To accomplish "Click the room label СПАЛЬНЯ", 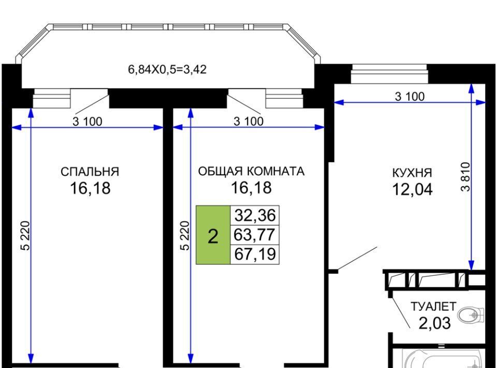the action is coord(90,172).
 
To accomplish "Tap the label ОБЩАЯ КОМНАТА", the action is coord(251,172).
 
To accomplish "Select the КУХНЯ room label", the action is coord(412,173).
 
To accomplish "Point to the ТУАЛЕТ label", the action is coord(433,306).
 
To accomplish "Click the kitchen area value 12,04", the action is coord(413,189).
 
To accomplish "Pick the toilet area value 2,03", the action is coord(434,323).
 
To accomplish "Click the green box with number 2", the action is coord(213,235).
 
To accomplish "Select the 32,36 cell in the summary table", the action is coord(255,216).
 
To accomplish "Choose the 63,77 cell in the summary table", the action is coord(255,235).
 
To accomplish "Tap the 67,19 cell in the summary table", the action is coord(255,254).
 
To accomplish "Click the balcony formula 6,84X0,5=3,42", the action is coord(167,69).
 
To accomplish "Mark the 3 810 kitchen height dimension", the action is coord(465,177).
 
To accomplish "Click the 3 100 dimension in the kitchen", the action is coord(410,96).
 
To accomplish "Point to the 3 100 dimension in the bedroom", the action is coord(87,121).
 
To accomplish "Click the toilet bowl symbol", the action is coord(471,315).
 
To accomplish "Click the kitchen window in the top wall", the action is coord(389,74).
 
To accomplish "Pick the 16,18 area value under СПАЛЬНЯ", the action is coord(90,188).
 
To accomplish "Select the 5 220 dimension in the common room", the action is coord(185,235).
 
